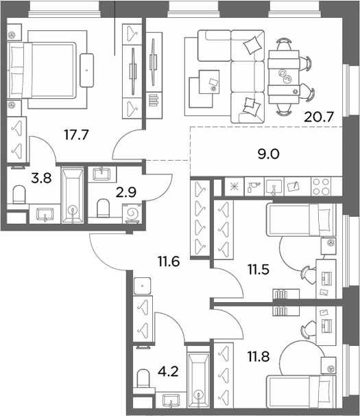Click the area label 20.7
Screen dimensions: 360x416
pos(318,117)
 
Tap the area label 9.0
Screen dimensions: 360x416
pos(269,154)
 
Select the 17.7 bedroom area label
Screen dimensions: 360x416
pos(76,135)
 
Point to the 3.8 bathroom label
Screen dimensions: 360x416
pos(41,178)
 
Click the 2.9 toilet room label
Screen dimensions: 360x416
pos(126,192)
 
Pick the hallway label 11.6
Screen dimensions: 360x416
pos(169,262)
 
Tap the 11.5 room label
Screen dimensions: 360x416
pos(259,270)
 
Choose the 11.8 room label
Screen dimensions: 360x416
pos(259,356)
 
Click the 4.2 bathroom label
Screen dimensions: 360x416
pos(168,371)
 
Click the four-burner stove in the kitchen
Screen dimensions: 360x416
pos(321,187)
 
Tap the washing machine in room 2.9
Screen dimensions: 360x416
pos(132,213)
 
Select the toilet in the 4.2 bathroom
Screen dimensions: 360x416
pos(143,379)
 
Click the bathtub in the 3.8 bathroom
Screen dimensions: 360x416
pos(73,195)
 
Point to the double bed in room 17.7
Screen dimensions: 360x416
pos(42,70)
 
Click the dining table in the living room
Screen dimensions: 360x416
pos(284,77)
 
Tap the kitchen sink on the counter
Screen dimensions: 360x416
pos(274,187)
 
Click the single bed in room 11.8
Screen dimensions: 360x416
pos(301,391)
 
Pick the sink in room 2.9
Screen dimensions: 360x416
pos(102,174)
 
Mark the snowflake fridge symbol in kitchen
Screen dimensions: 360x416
pos(235,187)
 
